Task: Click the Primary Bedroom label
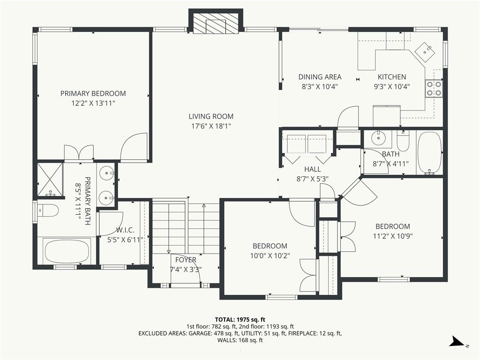click(x=93, y=93)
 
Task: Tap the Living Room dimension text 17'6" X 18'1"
click(x=211, y=126)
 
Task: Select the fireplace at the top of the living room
click(x=216, y=24)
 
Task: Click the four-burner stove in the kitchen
click(x=434, y=89)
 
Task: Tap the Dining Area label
click(x=320, y=77)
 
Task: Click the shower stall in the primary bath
click(x=50, y=180)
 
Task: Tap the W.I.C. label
click(x=125, y=230)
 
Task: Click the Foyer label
click(x=186, y=260)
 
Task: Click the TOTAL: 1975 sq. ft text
click(x=240, y=320)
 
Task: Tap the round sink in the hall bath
click(x=379, y=138)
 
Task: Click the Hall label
click(x=313, y=169)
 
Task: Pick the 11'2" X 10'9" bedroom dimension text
click(x=393, y=236)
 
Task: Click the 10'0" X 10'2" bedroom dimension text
click(x=270, y=255)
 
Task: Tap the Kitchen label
click(x=392, y=77)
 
